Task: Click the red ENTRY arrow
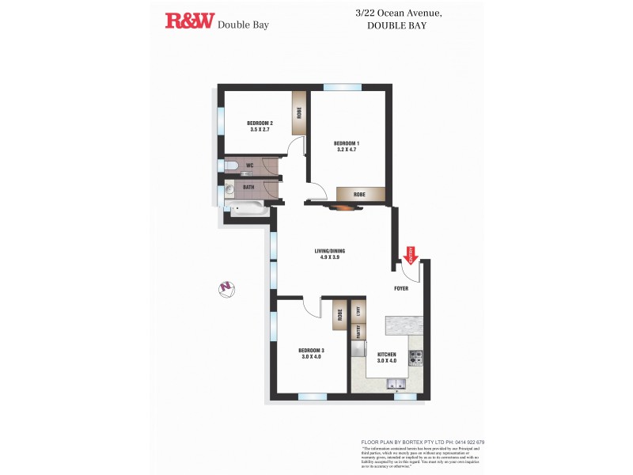click(x=411, y=255)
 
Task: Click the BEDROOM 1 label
click(x=348, y=146)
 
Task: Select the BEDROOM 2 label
click(x=260, y=126)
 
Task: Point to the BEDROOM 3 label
click(x=311, y=353)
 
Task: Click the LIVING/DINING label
click(x=330, y=254)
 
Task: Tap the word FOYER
click(x=402, y=289)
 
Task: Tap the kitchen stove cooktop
click(x=415, y=358)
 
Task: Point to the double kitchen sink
click(x=396, y=384)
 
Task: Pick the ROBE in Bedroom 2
click(x=299, y=112)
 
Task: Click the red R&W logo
click(x=189, y=21)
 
